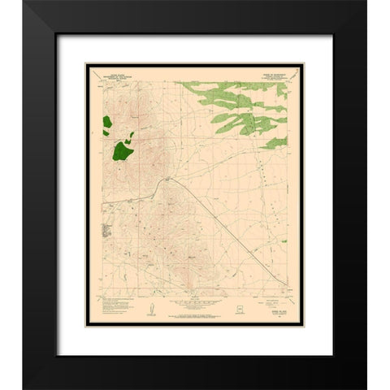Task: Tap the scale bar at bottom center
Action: pos(195,308)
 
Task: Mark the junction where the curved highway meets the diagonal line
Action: pos(168,179)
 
